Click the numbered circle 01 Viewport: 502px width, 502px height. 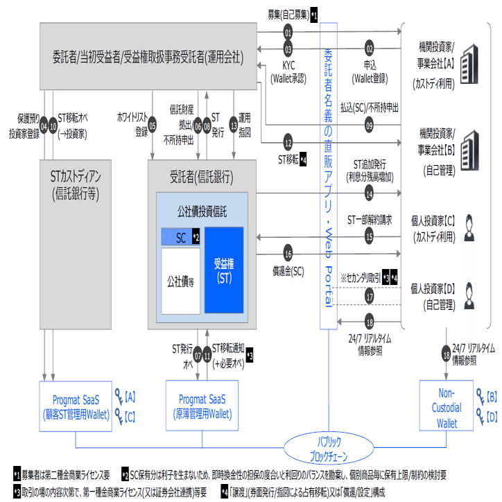pos(288,33)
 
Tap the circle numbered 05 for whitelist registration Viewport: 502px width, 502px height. pos(152,126)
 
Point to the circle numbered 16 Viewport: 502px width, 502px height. pos(288,252)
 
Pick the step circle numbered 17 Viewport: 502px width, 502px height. pos(370,296)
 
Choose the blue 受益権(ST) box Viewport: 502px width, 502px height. pos(224,270)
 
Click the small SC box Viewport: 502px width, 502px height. pos(176,236)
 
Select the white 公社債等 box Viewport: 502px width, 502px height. pos(180,281)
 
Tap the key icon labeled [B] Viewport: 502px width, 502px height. pos(481,398)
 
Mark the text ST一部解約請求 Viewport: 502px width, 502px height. pos(369,220)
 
